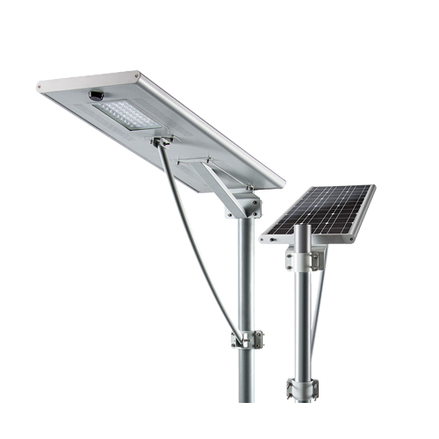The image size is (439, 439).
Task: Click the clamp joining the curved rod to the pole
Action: pos(245,337)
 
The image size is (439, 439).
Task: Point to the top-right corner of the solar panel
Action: pos(373,186)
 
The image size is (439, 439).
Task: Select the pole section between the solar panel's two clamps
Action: pos(303,325)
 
